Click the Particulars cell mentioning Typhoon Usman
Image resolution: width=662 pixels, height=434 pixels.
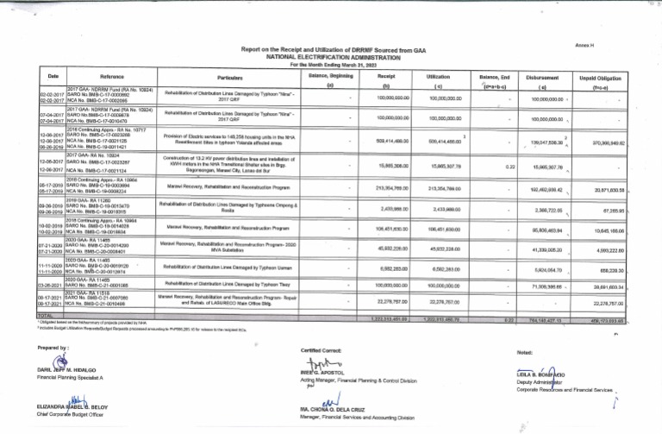click(223, 267)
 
